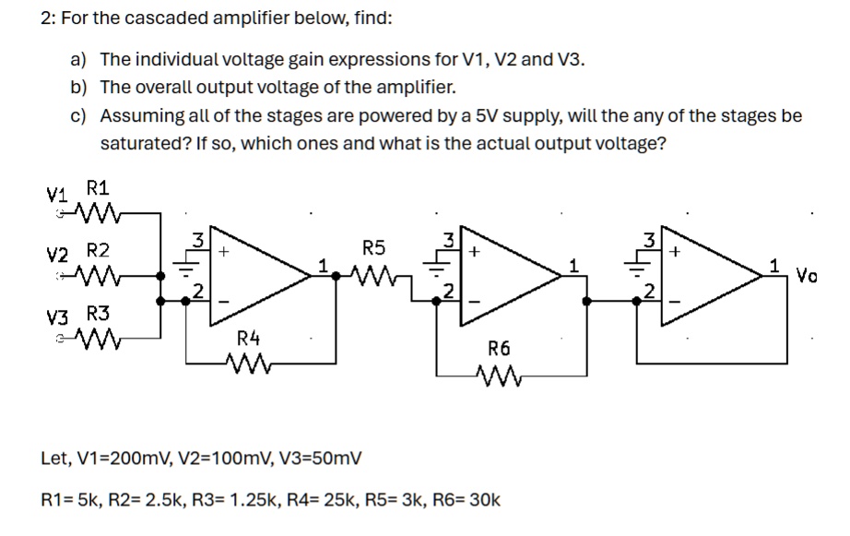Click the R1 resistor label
tap(98, 188)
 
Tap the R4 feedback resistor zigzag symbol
tap(248, 363)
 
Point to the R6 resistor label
tap(499, 349)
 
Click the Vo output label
tap(806, 276)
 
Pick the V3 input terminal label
tap(57, 316)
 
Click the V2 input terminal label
tap(57, 255)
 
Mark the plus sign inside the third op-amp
tap(675, 252)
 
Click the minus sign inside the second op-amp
tap(475, 301)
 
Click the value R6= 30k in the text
tap(466, 500)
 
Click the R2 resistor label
tap(98, 251)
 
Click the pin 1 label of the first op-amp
tap(323, 266)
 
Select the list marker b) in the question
tap(78, 88)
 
